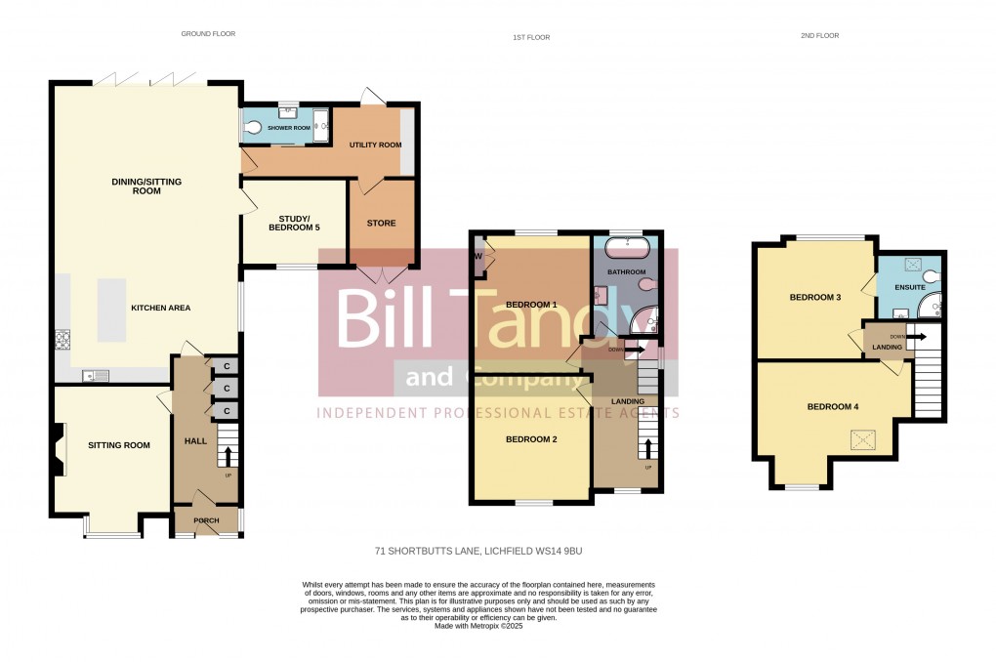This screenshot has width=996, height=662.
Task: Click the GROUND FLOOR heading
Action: coord(208,34)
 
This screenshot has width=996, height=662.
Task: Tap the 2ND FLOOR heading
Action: coord(819,36)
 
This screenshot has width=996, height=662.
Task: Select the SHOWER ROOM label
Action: coord(289,128)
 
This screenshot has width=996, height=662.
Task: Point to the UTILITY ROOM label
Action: coord(376,145)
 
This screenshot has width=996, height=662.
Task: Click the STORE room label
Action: coord(382,223)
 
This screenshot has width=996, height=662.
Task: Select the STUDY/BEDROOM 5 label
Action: coord(294,223)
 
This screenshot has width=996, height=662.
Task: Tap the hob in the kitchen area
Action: coord(63,340)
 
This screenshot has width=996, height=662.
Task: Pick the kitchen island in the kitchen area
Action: coord(111,310)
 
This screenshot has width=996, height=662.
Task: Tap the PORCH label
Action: coord(206,520)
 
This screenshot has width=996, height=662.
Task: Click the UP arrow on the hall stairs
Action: coord(228,456)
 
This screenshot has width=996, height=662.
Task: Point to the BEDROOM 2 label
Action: coord(531,439)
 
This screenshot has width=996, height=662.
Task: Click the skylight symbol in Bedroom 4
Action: coord(863,439)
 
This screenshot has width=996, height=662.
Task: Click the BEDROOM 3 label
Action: coord(815,298)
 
